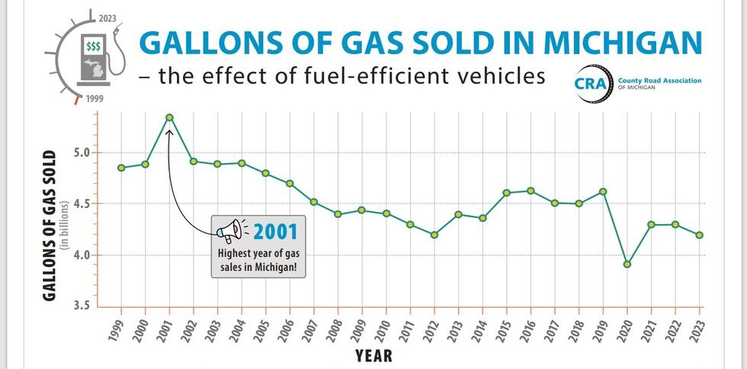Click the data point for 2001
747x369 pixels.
pos(169,117)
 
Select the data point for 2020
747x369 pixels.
pos(627,265)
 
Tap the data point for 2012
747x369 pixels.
pos(434,235)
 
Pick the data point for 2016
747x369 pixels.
pos(531,191)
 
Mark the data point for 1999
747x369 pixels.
pos(121,168)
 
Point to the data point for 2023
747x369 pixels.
pos(699,235)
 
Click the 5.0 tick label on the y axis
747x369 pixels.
pos(80,152)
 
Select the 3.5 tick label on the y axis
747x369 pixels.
pos(80,306)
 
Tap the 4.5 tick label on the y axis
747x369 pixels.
pos(80,204)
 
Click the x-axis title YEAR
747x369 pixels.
pos(373,355)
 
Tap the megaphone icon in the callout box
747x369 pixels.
pos(230,229)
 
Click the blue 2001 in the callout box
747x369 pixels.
pos(276,229)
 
